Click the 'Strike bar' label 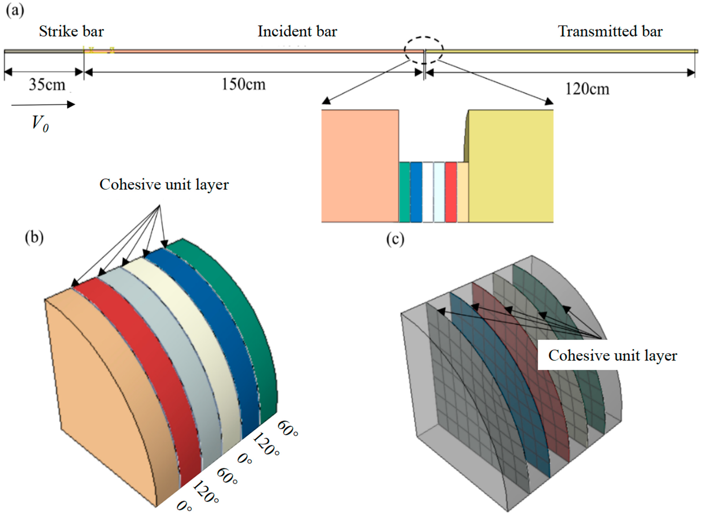(71, 32)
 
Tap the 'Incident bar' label (297, 32)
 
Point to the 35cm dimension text (47, 85)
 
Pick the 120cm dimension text (587, 89)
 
